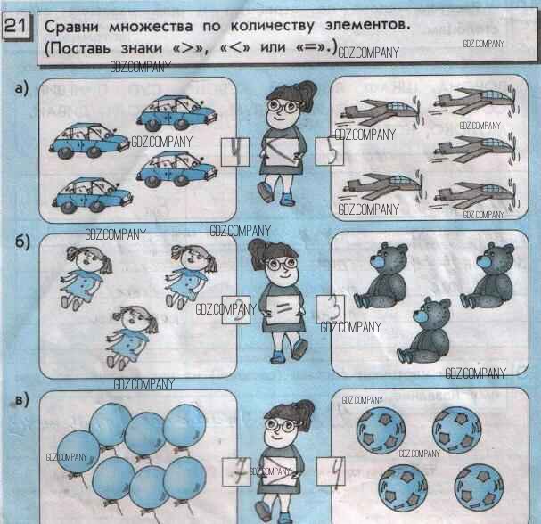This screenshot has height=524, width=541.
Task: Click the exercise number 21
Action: coord(16,25)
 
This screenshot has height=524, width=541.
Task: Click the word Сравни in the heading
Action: coord(72,27)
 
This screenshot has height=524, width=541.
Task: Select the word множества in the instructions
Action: coord(151,27)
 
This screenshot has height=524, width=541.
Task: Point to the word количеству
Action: coord(272,26)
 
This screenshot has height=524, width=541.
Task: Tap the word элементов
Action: coord(367,25)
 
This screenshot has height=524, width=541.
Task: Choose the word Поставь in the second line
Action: coord(78,48)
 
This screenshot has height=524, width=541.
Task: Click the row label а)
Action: coord(21,88)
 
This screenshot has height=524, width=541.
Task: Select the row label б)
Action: coord(22,242)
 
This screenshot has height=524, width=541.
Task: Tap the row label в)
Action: coord(22,400)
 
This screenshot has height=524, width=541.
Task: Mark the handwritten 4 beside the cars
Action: coord(235,151)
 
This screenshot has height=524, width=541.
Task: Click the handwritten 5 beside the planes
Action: coord(330,151)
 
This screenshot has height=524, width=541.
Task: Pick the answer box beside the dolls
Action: coord(236,310)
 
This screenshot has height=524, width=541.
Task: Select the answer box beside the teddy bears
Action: coord(330,309)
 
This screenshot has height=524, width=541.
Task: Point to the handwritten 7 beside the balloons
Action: coord(237,471)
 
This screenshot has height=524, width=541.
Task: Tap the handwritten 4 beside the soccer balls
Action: coord(335,471)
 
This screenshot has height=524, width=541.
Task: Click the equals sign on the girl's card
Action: coord(283,307)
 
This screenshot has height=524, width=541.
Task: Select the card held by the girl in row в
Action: coord(279,471)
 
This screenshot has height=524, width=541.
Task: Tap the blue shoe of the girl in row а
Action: coord(287,200)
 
